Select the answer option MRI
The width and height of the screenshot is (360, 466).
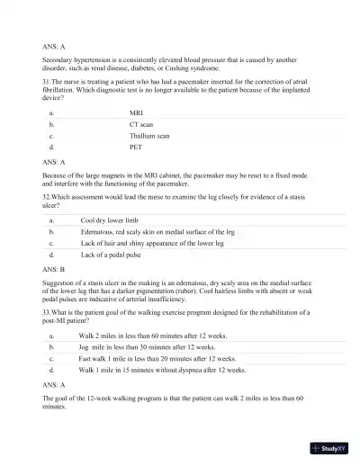tap(137, 112)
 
